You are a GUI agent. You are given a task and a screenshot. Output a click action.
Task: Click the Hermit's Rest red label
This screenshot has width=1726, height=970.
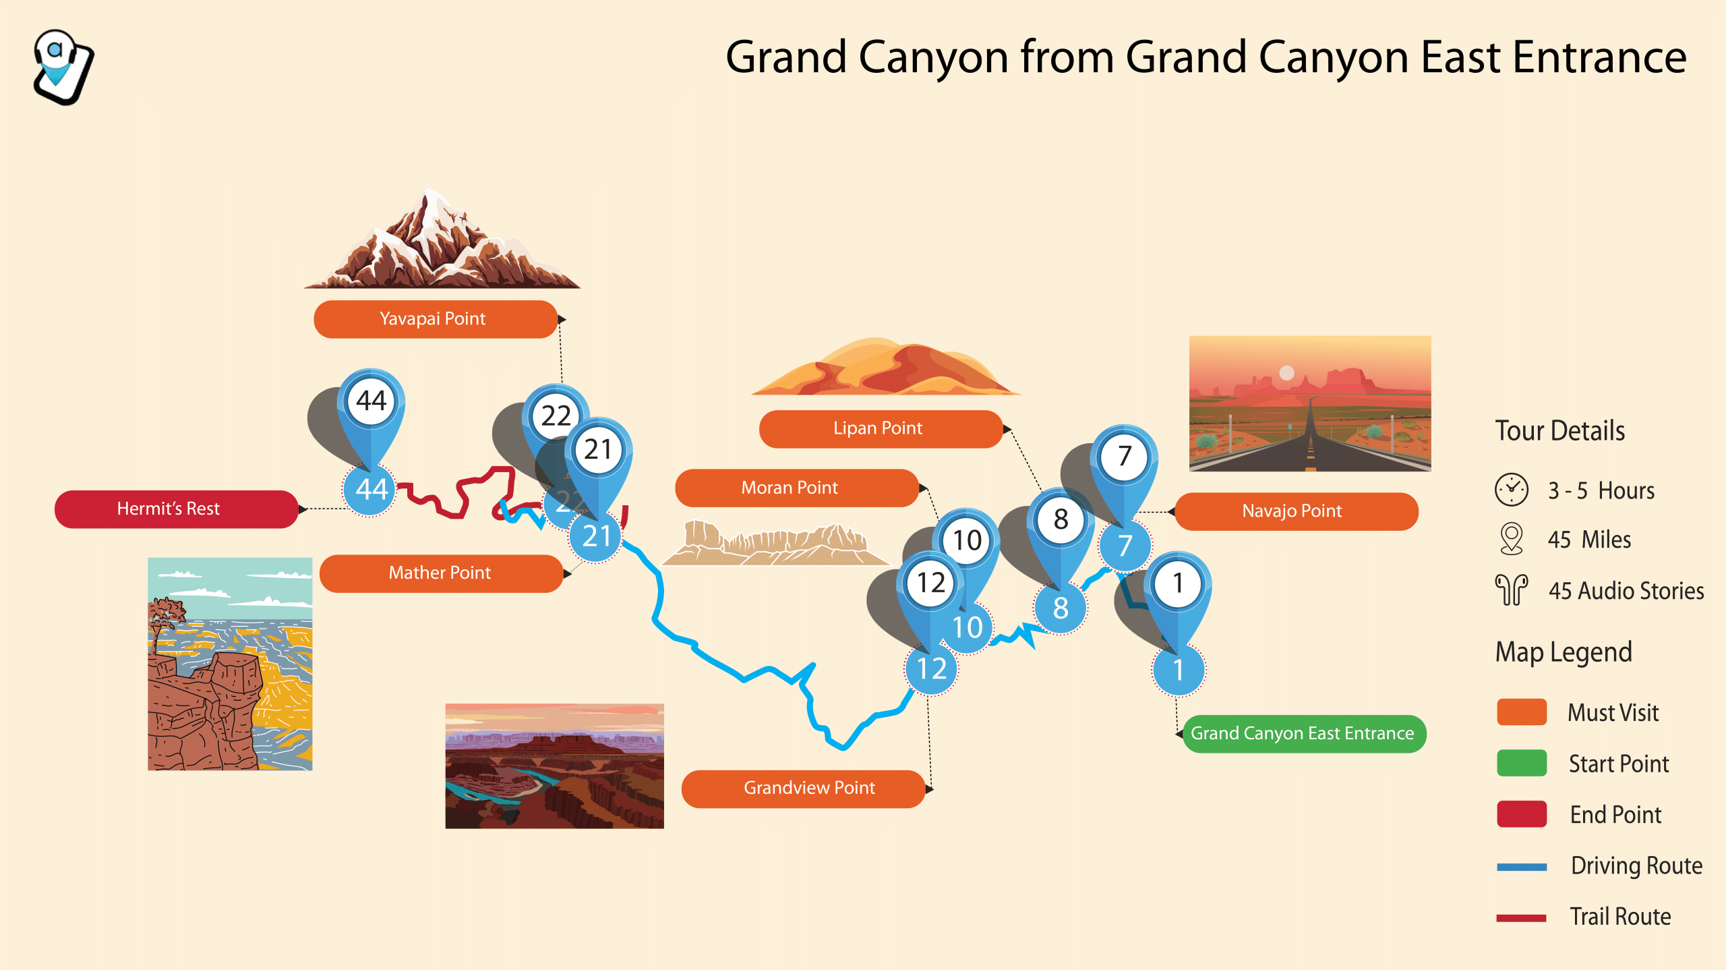click(176, 509)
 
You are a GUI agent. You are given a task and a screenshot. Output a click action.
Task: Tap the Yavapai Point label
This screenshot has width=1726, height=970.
click(436, 319)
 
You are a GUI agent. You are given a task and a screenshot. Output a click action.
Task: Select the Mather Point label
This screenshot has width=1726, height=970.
click(441, 573)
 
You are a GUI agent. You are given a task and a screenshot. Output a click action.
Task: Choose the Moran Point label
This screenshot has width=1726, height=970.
click(797, 488)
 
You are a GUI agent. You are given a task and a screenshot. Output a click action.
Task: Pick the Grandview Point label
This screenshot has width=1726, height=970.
click(803, 789)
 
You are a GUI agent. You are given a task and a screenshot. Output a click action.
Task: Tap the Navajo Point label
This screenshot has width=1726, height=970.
click(1297, 511)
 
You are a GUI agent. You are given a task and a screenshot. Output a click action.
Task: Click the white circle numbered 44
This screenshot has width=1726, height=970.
click(371, 401)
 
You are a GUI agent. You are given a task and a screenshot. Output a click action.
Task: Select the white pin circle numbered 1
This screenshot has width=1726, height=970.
click(1178, 583)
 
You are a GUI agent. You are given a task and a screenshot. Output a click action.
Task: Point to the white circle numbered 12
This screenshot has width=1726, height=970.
click(930, 583)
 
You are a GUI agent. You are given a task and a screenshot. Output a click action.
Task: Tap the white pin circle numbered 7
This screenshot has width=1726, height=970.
click(1124, 457)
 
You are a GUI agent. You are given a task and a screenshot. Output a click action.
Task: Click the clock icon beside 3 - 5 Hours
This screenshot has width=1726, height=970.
click(1512, 490)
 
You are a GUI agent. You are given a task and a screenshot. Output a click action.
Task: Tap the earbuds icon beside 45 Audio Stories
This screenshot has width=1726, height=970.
click(1512, 590)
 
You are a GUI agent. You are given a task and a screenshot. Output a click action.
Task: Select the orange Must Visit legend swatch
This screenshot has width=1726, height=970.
click(1522, 712)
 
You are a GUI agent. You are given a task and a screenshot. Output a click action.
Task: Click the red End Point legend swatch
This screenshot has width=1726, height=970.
click(1522, 814)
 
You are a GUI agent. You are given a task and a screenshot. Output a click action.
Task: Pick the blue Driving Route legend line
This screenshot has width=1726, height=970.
click(1522, 867)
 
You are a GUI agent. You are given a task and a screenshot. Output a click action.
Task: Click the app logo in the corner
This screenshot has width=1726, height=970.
click(63, 67)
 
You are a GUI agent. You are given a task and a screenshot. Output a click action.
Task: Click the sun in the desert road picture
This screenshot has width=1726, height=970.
click(1286, 373)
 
